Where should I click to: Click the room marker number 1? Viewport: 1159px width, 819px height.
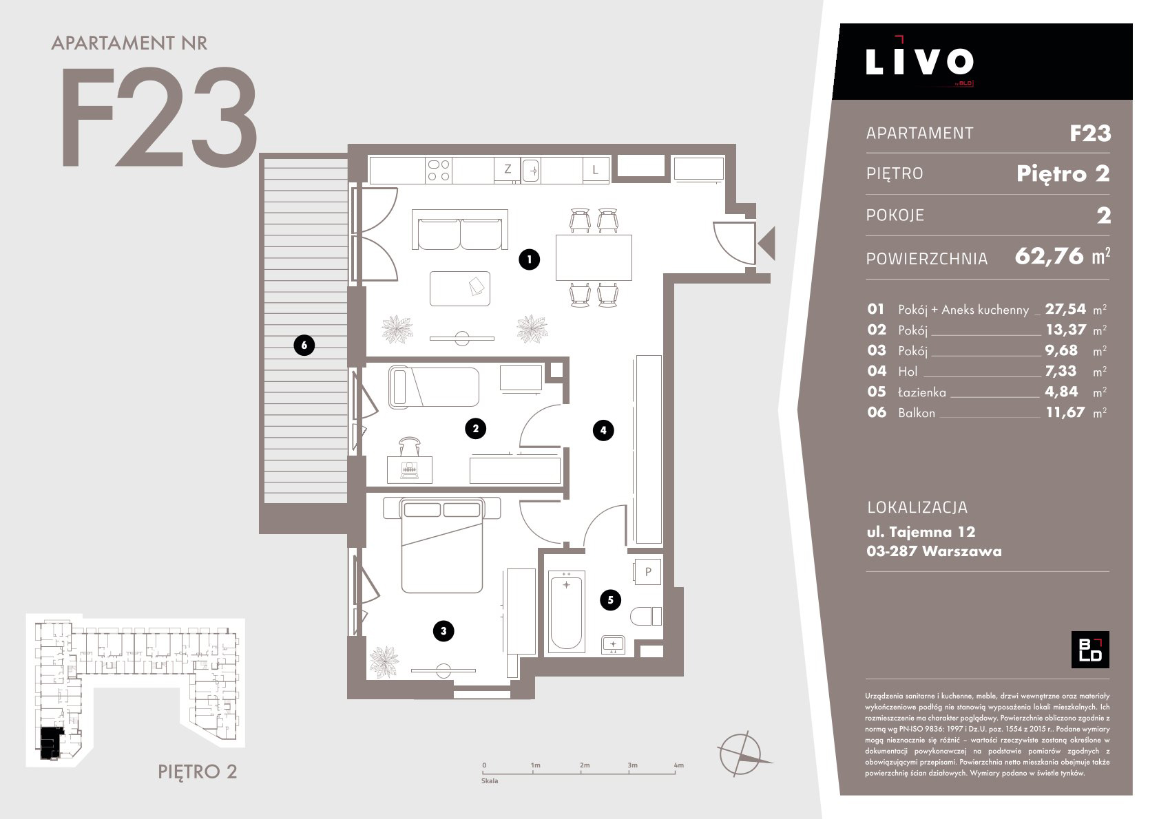(529, 259)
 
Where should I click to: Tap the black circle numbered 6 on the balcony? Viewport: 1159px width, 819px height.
(304, 345)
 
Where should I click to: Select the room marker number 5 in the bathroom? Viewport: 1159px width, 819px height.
(611, 599)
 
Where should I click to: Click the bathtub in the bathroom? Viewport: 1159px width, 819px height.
(567, 610)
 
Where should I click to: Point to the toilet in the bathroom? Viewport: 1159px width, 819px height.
(646, 616)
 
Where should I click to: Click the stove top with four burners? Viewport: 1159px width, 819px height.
(439, 170)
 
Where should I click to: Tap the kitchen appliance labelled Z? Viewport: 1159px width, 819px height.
(507, 169)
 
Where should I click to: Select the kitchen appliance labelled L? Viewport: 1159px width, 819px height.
(596, 169)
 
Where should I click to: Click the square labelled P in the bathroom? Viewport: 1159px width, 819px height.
(647, 572)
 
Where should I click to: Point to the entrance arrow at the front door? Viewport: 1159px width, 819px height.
(766, 243)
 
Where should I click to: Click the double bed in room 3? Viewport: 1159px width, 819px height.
(442, 546)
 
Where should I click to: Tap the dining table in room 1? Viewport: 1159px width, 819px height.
(594, 257)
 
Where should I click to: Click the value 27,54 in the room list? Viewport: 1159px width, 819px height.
(1065, 309)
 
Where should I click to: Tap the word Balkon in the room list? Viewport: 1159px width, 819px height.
(917, 413)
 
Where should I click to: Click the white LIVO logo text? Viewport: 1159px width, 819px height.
(919, 61)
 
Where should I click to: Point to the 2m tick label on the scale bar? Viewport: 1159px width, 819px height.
(585, 765)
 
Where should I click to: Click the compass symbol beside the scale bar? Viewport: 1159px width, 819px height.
(741, 754)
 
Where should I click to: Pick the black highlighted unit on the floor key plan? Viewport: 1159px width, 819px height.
(51, 743)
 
